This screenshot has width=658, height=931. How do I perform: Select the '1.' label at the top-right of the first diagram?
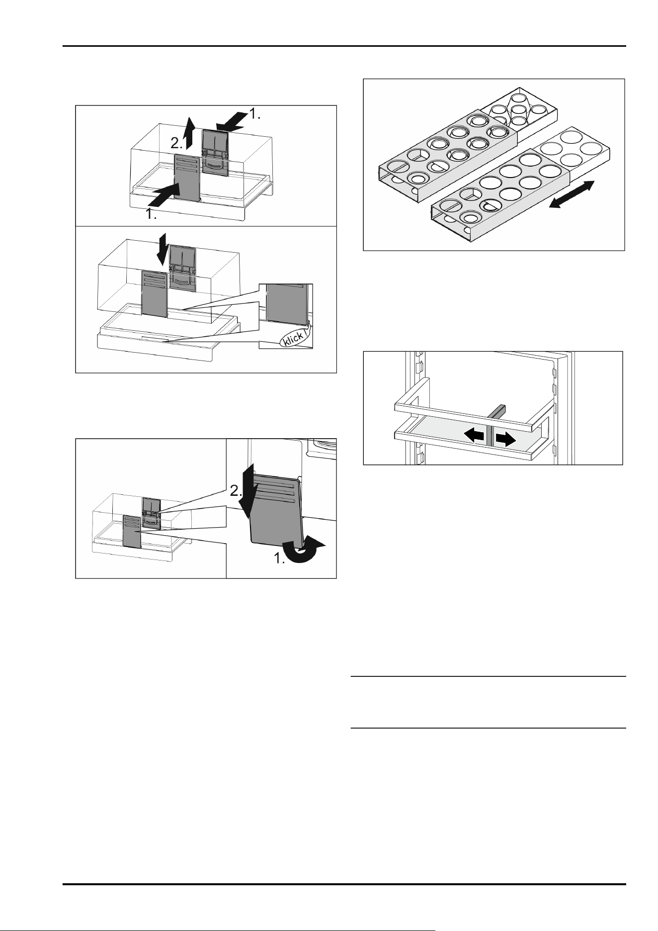click(x=254, y=114)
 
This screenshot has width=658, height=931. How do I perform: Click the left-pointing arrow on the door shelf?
click(x=474, y=436)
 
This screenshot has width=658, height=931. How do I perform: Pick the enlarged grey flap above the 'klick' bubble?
click(x=284, y=304)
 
